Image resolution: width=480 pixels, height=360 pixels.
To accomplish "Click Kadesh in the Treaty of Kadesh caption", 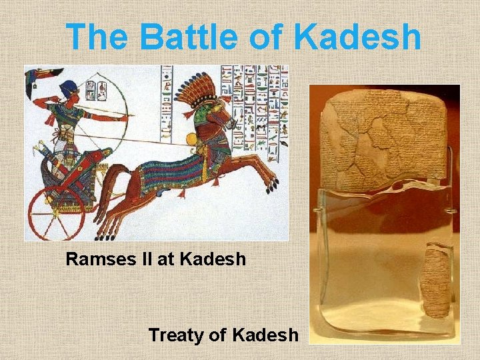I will coord(265,335).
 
